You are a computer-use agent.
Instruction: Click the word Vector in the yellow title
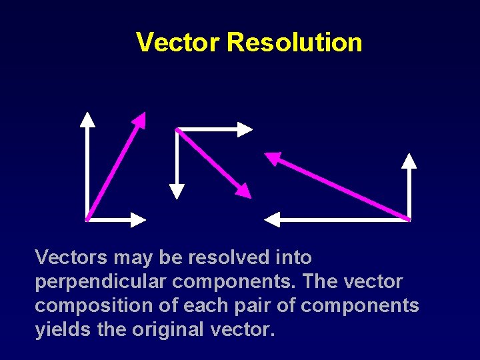(177, 42)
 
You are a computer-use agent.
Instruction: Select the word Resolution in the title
(294, 42)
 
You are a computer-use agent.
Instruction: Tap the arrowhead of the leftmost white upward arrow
(87, 119)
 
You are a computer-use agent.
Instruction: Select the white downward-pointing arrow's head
(176, 191)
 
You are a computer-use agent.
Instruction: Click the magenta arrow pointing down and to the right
(213, 163)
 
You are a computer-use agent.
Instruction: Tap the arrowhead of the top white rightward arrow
(245, 129)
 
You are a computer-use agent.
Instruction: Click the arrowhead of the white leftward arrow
(273, 219)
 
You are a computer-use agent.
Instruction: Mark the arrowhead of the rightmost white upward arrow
(409, 160)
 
